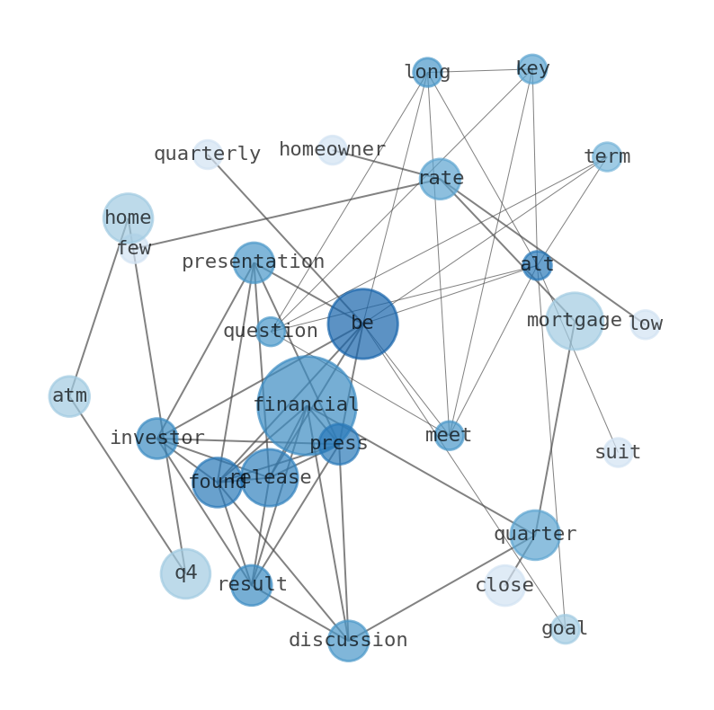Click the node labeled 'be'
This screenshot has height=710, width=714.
363,324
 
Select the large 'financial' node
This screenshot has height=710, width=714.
307,405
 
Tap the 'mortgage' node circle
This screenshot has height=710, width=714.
575,321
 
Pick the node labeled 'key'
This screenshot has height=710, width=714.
532,68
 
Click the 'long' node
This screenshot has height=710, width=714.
427,72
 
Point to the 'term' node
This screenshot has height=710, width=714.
607,156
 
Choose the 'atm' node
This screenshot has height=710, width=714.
69,396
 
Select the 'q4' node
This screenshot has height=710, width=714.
185,573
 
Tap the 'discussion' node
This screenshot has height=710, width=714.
348,641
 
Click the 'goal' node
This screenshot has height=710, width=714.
565,628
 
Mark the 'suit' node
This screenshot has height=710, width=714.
618,452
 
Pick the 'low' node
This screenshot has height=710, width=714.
646,324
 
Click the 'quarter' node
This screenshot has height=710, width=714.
535,535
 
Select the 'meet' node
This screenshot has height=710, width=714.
449,436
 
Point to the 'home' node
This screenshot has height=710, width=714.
128,218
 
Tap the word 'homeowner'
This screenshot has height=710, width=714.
333,149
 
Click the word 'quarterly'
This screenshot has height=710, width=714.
207,154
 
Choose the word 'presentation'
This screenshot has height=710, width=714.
254,262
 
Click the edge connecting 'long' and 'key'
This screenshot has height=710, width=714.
479,70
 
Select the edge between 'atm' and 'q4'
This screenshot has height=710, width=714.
128,484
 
